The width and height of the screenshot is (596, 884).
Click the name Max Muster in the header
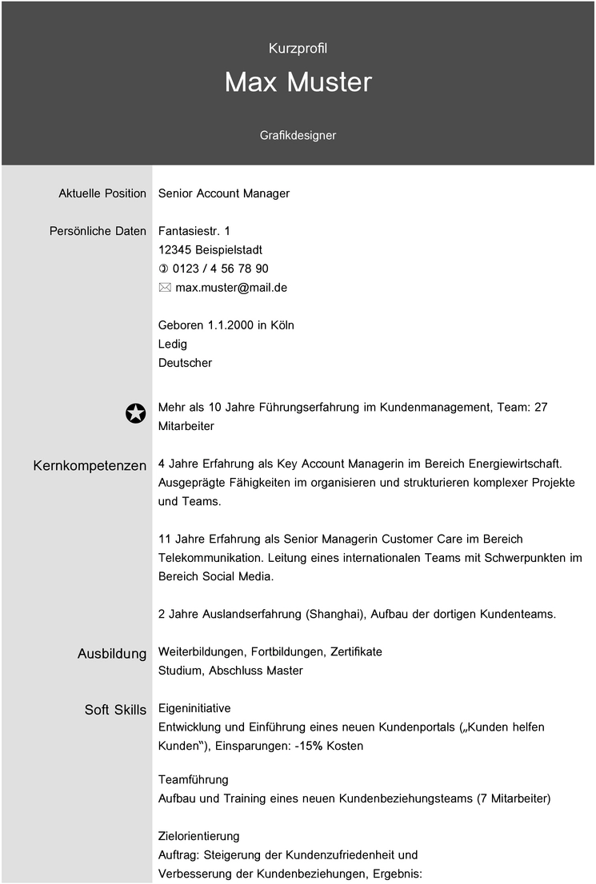pyautogui.click(x=298, y=82)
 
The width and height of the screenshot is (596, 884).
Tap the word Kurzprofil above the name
pyautogui.click(x=298, y=49)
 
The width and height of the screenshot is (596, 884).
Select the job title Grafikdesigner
pyautogui.click(x=298, y=136)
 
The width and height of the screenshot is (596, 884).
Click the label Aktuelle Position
pyautogui.click(x=102, y=193)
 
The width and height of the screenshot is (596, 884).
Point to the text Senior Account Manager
pyautogui.click(x=224, y=193)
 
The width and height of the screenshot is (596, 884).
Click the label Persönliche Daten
pyautogui.click(x=98, y=231)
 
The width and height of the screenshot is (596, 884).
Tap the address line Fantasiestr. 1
pyautogui.click(x=194, y=231)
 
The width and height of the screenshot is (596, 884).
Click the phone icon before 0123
pyautogui.click(x=164, y=269)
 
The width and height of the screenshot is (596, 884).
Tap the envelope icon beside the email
pyautogui.click(x=165, y=288)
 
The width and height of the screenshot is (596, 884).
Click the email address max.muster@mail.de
pyautogui.click(x=231, y=288)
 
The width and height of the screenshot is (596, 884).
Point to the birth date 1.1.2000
pyautogui.click(x=231, y=325)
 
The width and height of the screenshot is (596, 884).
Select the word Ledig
pyautogui.click(x=173, y=344)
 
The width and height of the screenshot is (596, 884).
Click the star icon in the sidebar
pyautogui.click(x=136, y=413)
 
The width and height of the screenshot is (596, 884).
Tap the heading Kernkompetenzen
pyautogui.click(x=90, y=465)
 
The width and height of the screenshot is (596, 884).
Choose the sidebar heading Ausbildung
pyautogui.click(x=112, y=654)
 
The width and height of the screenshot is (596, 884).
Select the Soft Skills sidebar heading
pyautogui.click(x=116, y=710)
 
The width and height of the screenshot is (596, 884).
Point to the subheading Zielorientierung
pyautogui.click(x=198, y=836)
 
